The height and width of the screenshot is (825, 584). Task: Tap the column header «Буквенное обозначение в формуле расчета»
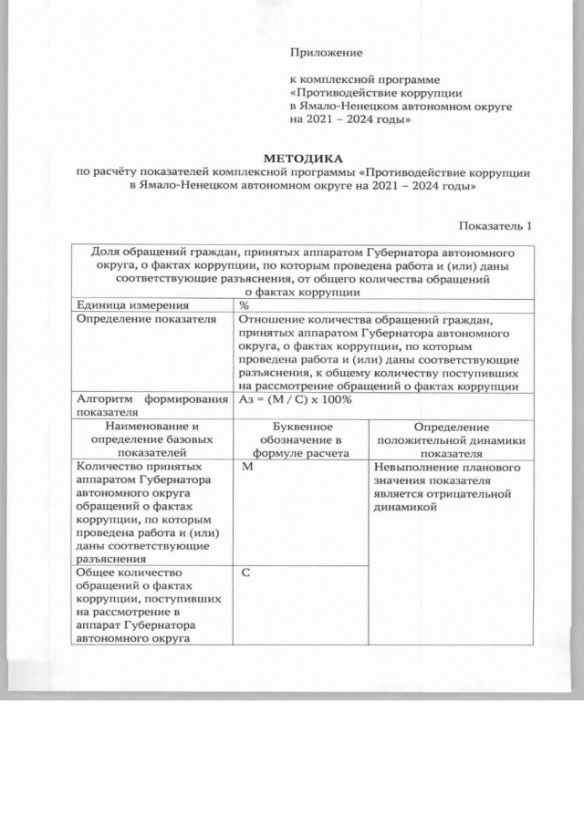(301, 438)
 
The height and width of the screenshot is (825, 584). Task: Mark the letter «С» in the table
(246, 572)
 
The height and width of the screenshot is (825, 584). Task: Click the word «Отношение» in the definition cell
(271, 320)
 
